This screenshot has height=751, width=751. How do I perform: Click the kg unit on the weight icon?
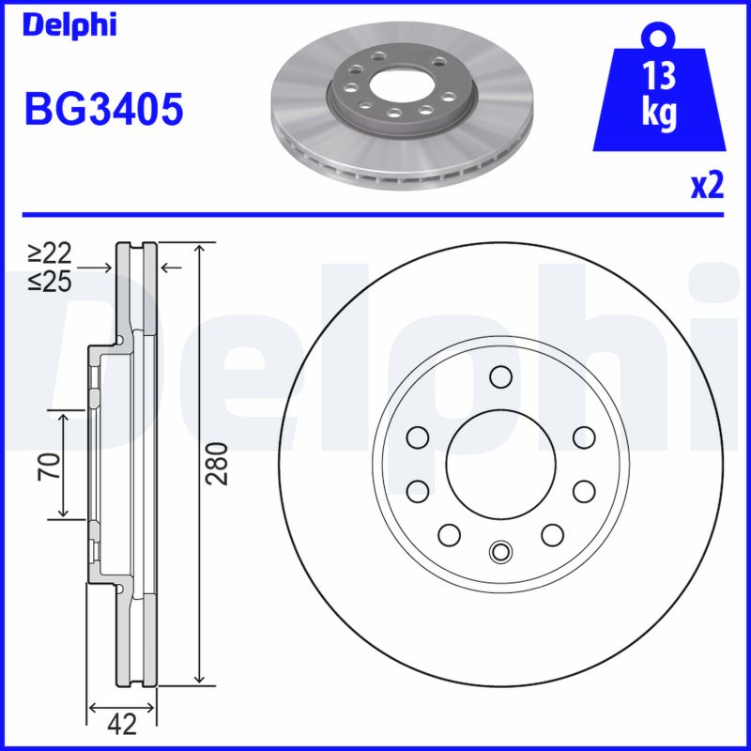[x=660, y=114]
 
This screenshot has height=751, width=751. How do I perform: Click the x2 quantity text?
[x=706, y=187]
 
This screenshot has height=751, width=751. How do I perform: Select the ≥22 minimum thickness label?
[x=50, y=253]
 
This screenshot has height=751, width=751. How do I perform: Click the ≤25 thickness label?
[x=50, y=280]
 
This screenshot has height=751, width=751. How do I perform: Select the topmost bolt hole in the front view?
[x=499, y=377]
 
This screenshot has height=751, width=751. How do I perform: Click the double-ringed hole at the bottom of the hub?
[x=499, y=551]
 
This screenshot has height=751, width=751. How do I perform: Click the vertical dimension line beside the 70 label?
[x=64, y=465]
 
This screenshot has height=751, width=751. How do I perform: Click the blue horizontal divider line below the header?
[x=375, y=214]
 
